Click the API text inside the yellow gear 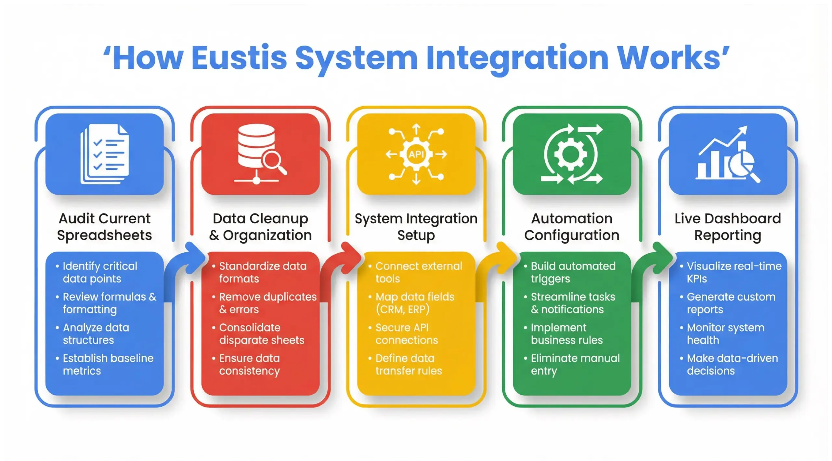pos(416,154)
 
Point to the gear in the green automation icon pos(570,154)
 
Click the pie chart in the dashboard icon pos(742,163)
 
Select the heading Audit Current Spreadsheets pos(105,227)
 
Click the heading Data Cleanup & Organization pos(260,227)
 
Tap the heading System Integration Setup pos(416,227)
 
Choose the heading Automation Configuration pos(572,227)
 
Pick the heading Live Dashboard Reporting pos(728,227)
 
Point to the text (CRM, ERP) pos(402,310)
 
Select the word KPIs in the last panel pos(696,279)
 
